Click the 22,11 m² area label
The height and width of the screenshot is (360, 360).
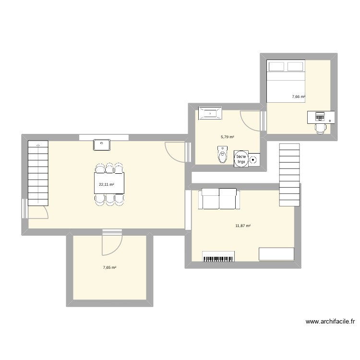coord(107,184)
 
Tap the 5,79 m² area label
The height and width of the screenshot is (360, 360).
coord(228,137)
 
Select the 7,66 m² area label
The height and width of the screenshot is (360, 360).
coord(299,96)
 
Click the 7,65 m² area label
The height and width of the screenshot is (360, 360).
coord(109,267)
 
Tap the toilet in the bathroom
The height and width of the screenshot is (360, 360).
coord(222,156)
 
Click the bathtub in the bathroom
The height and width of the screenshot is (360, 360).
coord(209,113)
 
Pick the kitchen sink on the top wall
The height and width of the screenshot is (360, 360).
coord(103,143)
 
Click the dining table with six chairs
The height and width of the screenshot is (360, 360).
coord(110,184)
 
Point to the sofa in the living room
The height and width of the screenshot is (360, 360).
coord(220,199)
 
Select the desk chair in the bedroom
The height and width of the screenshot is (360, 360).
coord(320,127)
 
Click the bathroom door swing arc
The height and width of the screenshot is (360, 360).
coord(250,120)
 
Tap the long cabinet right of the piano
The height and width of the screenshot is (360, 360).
coord(276,254)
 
